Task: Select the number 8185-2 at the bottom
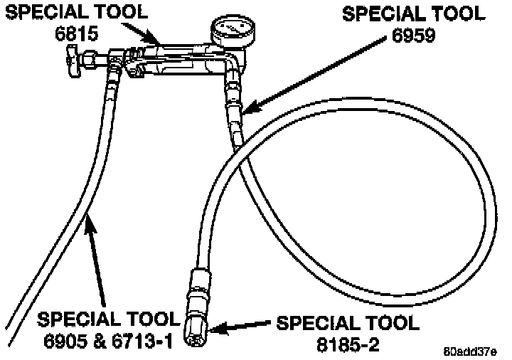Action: point(348,342)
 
